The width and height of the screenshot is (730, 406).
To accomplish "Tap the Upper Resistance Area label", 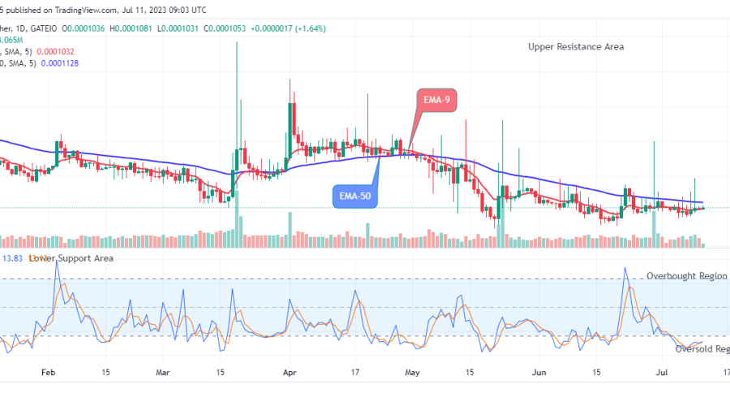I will pos(576,47).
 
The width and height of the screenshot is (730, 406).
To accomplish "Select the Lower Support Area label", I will pos(71,258).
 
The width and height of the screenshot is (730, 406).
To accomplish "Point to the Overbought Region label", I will pos(686,276).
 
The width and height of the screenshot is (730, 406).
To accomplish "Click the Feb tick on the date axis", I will pos(47,374).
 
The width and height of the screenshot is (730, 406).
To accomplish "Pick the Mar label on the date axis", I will pos(163,374).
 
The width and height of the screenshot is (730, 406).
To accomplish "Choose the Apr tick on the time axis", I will pos(290,374).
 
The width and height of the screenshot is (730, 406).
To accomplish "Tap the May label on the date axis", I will pos(413,374).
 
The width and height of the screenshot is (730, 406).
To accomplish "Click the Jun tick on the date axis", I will pos(539,374).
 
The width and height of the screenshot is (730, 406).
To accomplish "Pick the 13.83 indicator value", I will pos(11,258).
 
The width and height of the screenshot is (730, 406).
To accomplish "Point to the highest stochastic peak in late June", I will pos(625,268).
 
